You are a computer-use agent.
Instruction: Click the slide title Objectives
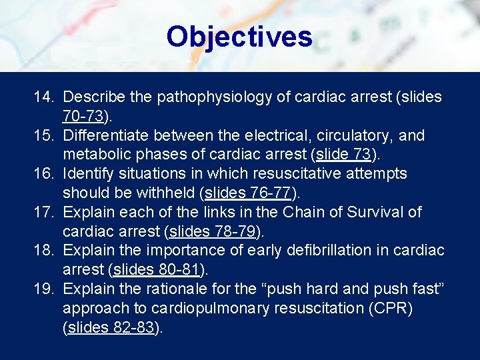(x=239, y=37)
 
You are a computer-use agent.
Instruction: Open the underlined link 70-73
(x=83, y=117)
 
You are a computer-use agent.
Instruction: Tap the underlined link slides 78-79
(x=213, y=232)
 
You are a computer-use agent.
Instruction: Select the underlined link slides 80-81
(x=157, y=270)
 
